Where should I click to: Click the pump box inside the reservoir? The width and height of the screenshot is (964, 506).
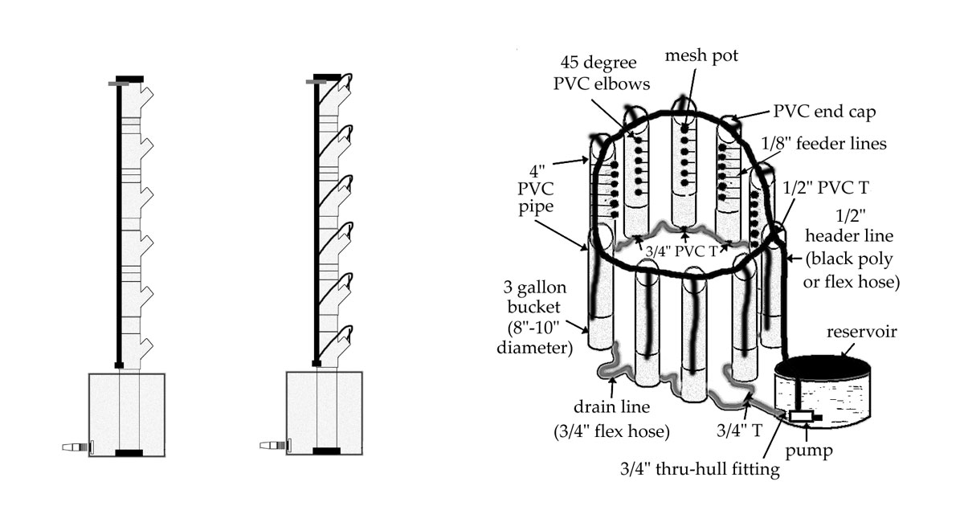(x=801, y=416)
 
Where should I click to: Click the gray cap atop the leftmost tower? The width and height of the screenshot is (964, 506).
(x=117, y=83)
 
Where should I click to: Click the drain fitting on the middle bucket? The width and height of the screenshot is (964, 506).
(x=276, y=445)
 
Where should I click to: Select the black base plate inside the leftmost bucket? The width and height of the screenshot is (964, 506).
(x=129, y=453)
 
